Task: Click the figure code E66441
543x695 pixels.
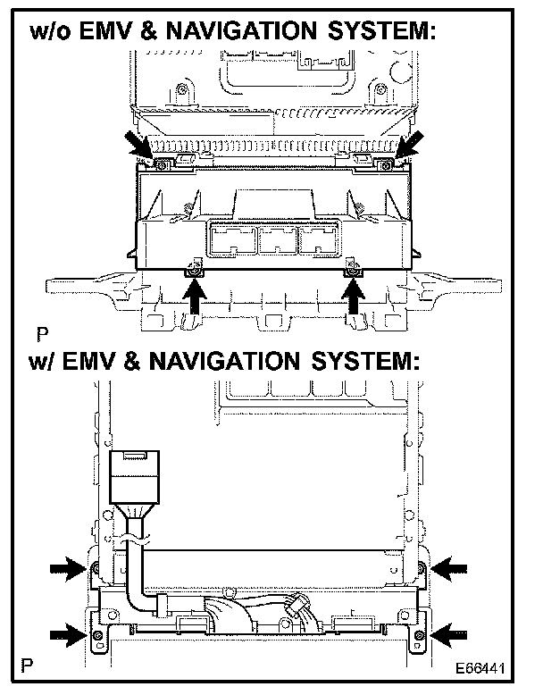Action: point(489,667)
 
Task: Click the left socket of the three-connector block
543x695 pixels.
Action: point(230,241)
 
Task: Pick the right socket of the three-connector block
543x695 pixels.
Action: point(319,241)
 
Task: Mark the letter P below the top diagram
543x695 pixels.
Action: point(42,336)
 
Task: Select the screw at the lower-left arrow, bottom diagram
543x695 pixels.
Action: point(97,635)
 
